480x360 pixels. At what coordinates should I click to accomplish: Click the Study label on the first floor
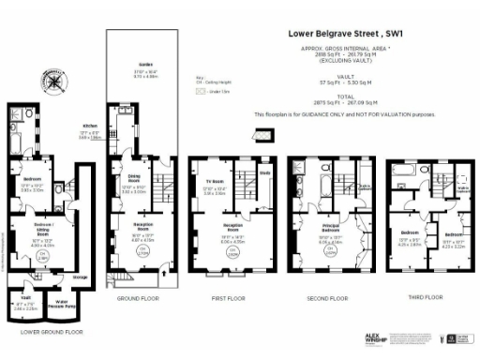265,172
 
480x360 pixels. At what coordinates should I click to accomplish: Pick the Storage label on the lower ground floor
82,277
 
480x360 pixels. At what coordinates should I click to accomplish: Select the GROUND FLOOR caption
139,299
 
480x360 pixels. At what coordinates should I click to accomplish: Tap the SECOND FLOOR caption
327,299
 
